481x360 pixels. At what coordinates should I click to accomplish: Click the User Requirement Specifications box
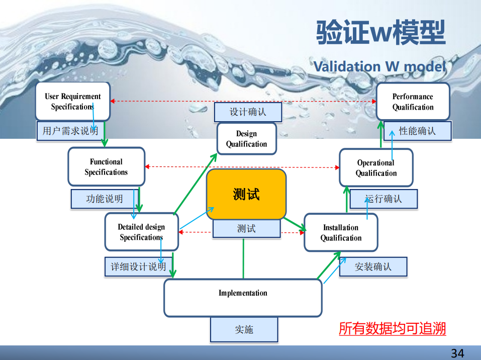coord(72,101)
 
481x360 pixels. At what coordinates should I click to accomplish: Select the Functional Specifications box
coord(106,166)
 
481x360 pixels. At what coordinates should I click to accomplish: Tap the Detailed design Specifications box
coord(141,232)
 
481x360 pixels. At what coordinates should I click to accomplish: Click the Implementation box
coord(243,298)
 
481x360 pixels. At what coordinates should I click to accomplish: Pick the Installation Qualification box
coord(341,232)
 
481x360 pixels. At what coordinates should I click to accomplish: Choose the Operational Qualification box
coord(376,167)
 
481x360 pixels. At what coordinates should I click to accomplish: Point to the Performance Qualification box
coord(413,102)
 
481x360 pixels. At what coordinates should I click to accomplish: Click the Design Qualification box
coord(246,139)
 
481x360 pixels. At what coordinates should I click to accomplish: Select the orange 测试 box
coord(246,194)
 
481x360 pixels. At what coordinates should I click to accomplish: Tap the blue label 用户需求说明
coord(70,131)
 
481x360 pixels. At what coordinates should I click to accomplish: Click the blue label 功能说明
coord(104,199)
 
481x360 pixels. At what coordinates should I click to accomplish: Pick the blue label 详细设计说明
coord(138,266)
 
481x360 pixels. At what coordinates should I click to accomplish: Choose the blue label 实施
coord(244,330)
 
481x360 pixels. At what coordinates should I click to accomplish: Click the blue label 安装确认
coord(373,266)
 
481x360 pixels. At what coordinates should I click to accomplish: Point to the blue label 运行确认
coord(383,199)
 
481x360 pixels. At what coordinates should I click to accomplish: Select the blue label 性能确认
coord(417,131)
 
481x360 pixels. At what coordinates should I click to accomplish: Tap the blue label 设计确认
coord(248,112)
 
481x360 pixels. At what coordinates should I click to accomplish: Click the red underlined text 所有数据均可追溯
coord(392,329)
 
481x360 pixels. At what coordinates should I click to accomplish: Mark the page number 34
coord(457,353)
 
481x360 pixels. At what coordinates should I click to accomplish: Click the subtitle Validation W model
coord(379,66)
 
